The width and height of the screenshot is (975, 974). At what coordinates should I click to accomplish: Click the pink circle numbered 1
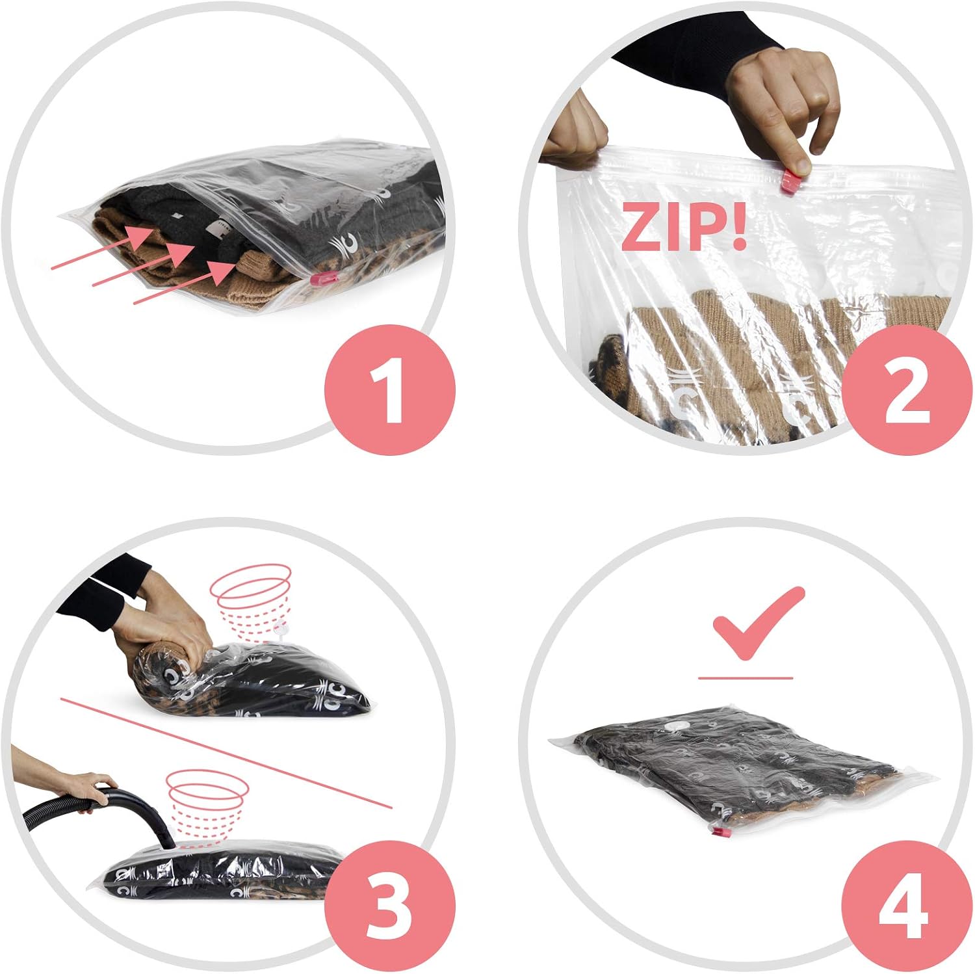(390, 389)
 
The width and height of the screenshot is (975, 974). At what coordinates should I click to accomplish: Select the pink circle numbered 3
(390, 905)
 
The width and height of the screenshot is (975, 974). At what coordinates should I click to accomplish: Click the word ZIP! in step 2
(683, 226)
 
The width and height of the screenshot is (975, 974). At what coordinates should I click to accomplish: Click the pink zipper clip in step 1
(323, 280)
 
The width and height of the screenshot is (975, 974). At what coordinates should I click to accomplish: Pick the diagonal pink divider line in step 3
(226, 753)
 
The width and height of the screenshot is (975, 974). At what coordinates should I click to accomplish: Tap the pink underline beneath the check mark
(746, 678)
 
